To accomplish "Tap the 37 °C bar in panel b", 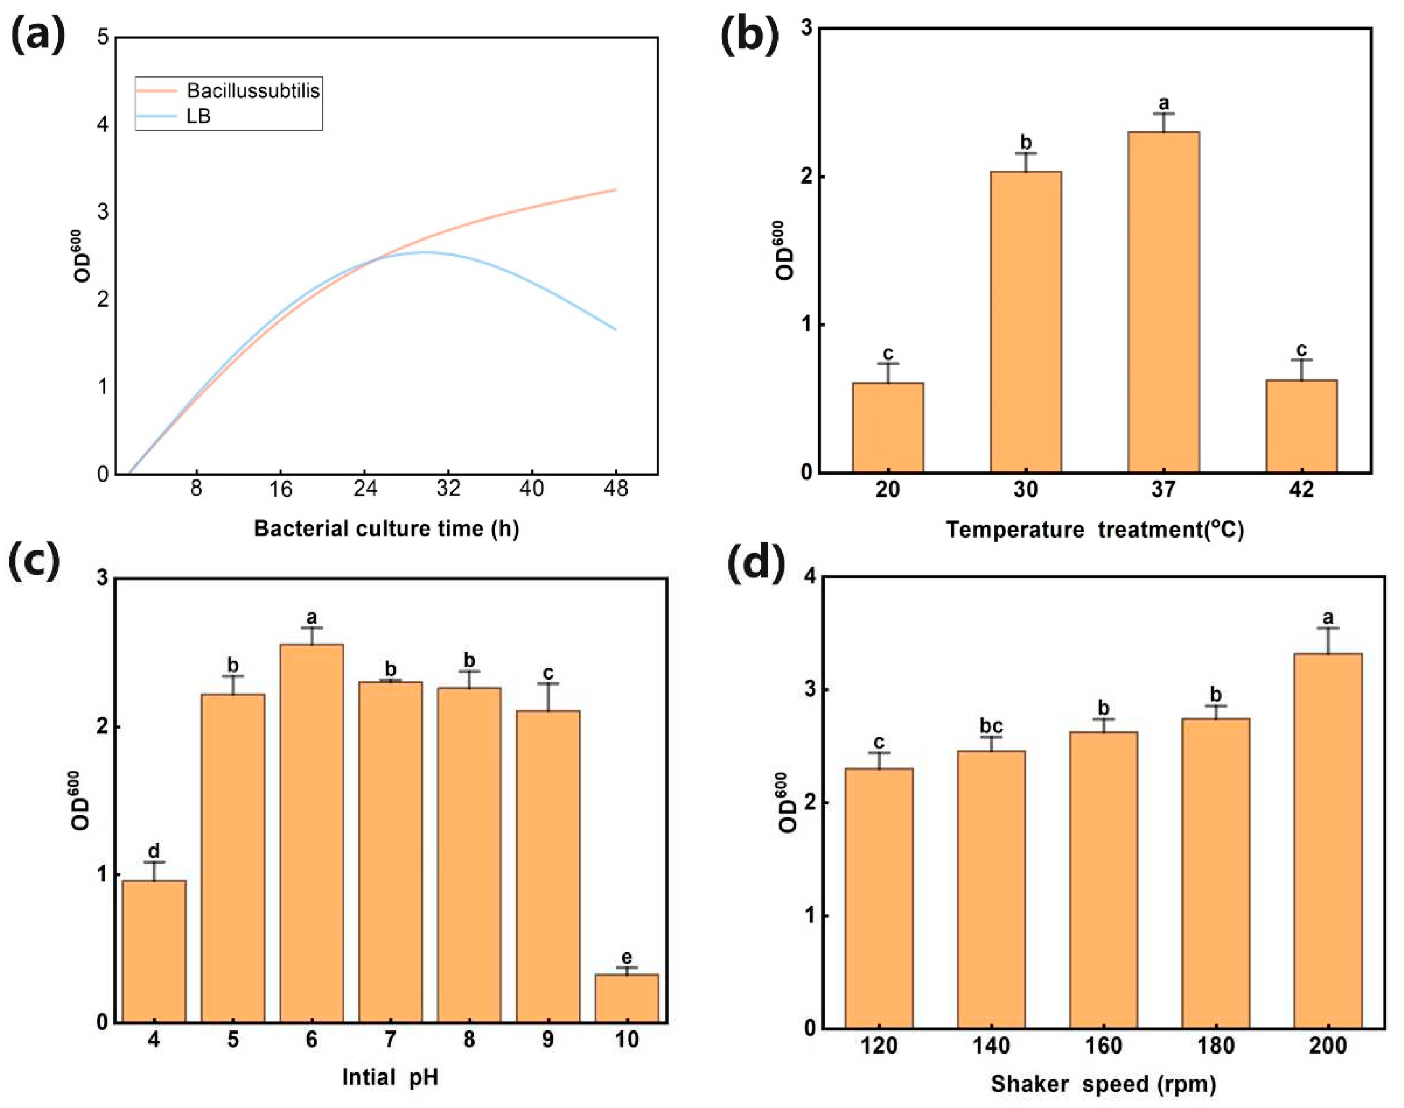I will coord(1163,301).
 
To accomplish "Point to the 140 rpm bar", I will coord(991,889).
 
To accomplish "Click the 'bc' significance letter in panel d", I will coord(991,726).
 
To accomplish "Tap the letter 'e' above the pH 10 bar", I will coord(626,957).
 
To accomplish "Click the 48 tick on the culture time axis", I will coord(615,488).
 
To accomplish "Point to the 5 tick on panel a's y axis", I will coord(103,38).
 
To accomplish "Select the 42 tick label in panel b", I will coord(1301,488).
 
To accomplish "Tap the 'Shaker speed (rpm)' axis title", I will coord(1103,1084).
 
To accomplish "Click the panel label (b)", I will coord(749,37).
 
